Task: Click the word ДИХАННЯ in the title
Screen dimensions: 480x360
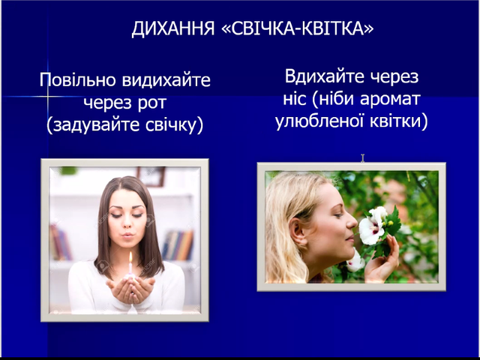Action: pos(173,29)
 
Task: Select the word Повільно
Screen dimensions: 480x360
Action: pos(78,80)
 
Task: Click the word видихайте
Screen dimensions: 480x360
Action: pos(166,80)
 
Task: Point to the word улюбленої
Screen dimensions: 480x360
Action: pos(319,121)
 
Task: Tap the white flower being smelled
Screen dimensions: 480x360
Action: pos(373,226)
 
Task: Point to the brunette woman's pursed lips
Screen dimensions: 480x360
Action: pos(128,235)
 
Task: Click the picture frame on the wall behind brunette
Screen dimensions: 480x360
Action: pos(151,176)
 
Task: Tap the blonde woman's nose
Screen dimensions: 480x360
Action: pos(352,221)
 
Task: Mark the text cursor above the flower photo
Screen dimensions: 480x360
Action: pos(363,158)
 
